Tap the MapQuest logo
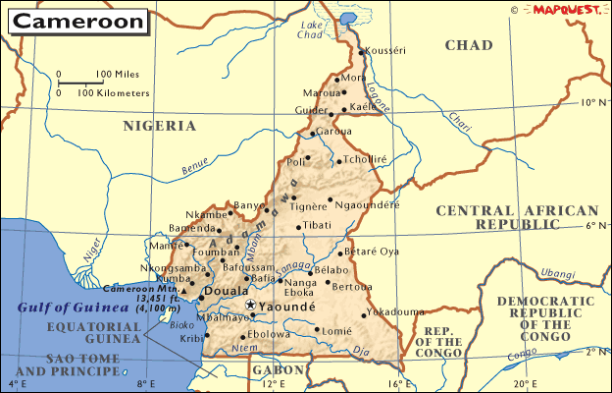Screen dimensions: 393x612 [567, 10]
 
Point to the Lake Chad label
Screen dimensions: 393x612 [311, 29]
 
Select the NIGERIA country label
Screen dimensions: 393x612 [159, 126]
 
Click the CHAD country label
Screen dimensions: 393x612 [468, 45]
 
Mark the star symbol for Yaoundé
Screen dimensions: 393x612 [250, 306]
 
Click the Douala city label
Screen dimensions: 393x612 [230, 292]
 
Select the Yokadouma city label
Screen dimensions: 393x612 [395, 312]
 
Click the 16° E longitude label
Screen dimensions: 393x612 [395, 383]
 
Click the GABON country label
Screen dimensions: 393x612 [265, 369]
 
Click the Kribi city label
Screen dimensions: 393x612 [192, 337]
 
